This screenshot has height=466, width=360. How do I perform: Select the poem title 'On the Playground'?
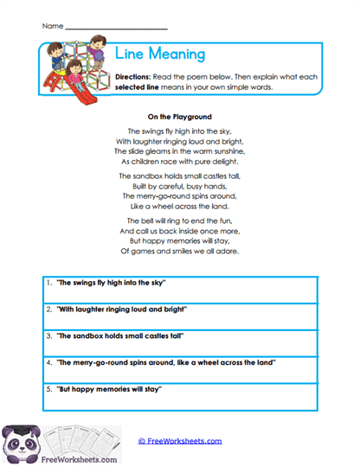point(180,116)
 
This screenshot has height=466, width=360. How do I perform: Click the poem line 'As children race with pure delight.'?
point(180,161)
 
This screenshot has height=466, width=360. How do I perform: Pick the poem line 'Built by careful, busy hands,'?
point(180,186)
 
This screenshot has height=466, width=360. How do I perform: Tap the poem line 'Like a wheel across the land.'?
point(180,207)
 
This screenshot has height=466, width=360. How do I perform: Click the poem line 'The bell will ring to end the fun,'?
point(180,221)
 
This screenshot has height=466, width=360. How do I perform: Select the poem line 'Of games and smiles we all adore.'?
point(180,252)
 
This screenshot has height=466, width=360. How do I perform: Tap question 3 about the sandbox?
point(120,335)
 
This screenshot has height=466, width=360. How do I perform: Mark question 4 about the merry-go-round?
point(165,362)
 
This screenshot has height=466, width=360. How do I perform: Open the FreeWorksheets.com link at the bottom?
point(179,441)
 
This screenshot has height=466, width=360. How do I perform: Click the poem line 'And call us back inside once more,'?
point(180,232)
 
